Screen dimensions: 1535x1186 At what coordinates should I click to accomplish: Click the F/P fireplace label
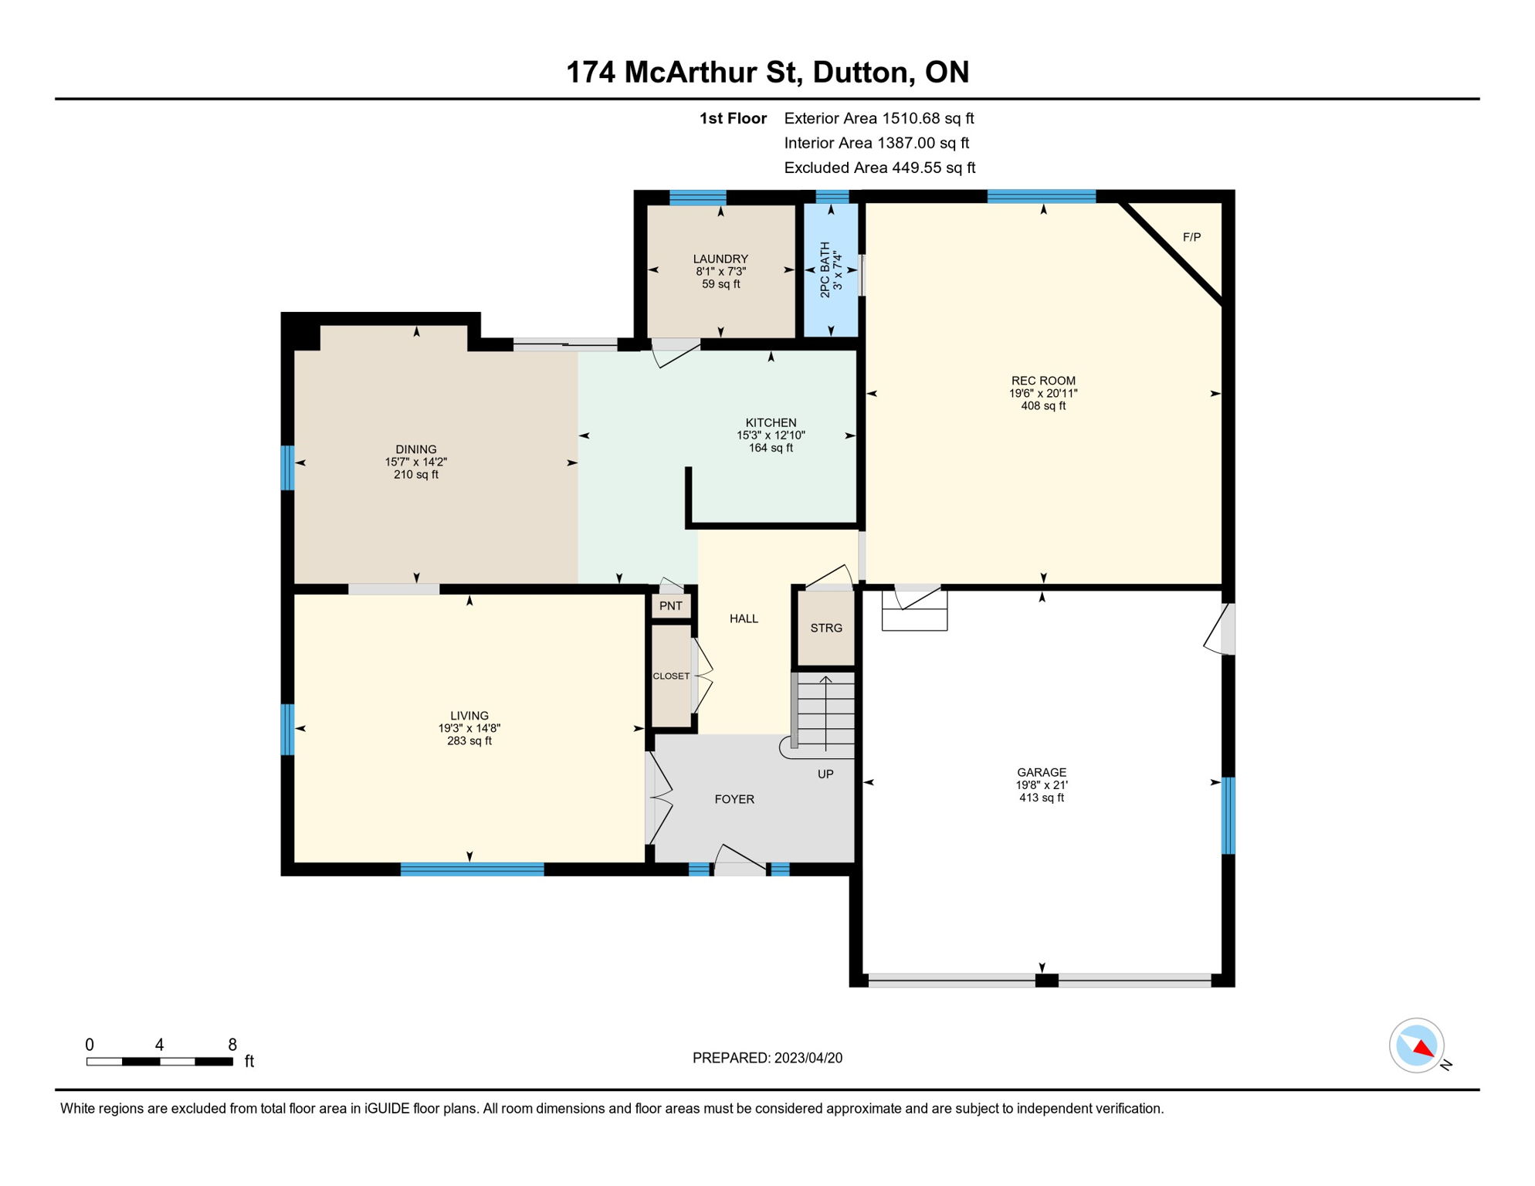[x=1191, y=237]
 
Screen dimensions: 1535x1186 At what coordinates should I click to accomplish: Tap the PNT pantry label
[x=671, y=606]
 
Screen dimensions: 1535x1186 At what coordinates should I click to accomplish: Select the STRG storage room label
[x=826, y=628]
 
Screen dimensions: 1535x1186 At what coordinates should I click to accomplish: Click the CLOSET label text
[x=671, y=676]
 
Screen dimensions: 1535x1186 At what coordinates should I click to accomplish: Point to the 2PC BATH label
[x=825, y=269]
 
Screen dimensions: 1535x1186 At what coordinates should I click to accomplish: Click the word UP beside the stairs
[x=825, y=774]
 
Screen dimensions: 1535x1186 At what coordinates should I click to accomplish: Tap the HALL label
[x=744, y=618]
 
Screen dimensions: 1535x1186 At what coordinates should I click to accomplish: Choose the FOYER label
[x=734, y=799]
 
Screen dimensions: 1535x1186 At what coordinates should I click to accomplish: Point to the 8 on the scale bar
[x=232, y=1045]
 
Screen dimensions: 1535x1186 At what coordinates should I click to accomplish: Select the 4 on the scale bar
[x=159, y=1045]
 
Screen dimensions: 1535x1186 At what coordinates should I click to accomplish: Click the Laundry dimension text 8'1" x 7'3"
[x=720, y=272]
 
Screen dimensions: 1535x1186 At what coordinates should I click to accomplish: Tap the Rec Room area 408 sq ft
[x=1043, y=406]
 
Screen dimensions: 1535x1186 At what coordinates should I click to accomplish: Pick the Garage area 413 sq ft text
[x=1042, y=798]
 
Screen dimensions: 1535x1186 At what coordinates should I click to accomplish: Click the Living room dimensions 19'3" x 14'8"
[x=469, y=728]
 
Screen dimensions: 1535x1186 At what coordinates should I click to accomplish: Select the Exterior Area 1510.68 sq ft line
[x=879, y=118]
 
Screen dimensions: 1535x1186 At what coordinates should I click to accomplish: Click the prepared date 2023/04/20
[x=808, y=1058]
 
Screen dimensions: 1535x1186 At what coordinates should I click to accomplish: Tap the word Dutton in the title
[x=859, y=72]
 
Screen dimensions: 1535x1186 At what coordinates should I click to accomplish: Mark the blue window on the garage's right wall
[x=1228, y=815]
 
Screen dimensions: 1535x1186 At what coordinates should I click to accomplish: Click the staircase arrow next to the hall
[x=825, y=713]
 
